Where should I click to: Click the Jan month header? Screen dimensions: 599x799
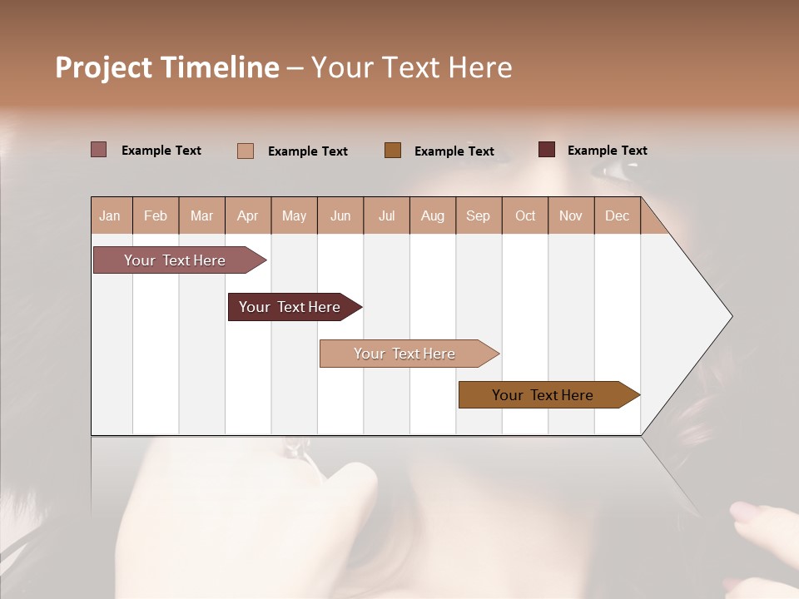click(x=110, y=216)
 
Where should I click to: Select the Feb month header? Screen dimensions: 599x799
click(x=156, y=216)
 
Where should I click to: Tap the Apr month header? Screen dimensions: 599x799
click(x=247, y=216)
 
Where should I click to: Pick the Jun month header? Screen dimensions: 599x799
click(x=340, y=216)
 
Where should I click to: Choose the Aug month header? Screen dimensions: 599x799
click(x=432, y=216)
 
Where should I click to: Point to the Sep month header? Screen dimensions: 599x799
click(x=478, y=216)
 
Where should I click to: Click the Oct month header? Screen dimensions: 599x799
click(x=525, y=216)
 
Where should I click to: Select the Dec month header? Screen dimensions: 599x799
click(x=617, y=216)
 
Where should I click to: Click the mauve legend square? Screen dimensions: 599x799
click(x=99, y=150)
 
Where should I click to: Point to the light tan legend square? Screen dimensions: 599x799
click(x=246, y=151)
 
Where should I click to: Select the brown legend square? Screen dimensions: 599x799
click(x=393, y=151)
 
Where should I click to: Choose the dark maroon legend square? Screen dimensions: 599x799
click(x=547, y=150)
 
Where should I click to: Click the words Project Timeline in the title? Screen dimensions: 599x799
click(x=167, y=67)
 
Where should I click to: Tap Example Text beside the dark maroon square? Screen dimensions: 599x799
click(x=607, y=151)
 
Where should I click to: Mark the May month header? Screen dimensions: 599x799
click(x=294, y=216)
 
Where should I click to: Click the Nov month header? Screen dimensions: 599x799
click(x=571, y=216)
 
